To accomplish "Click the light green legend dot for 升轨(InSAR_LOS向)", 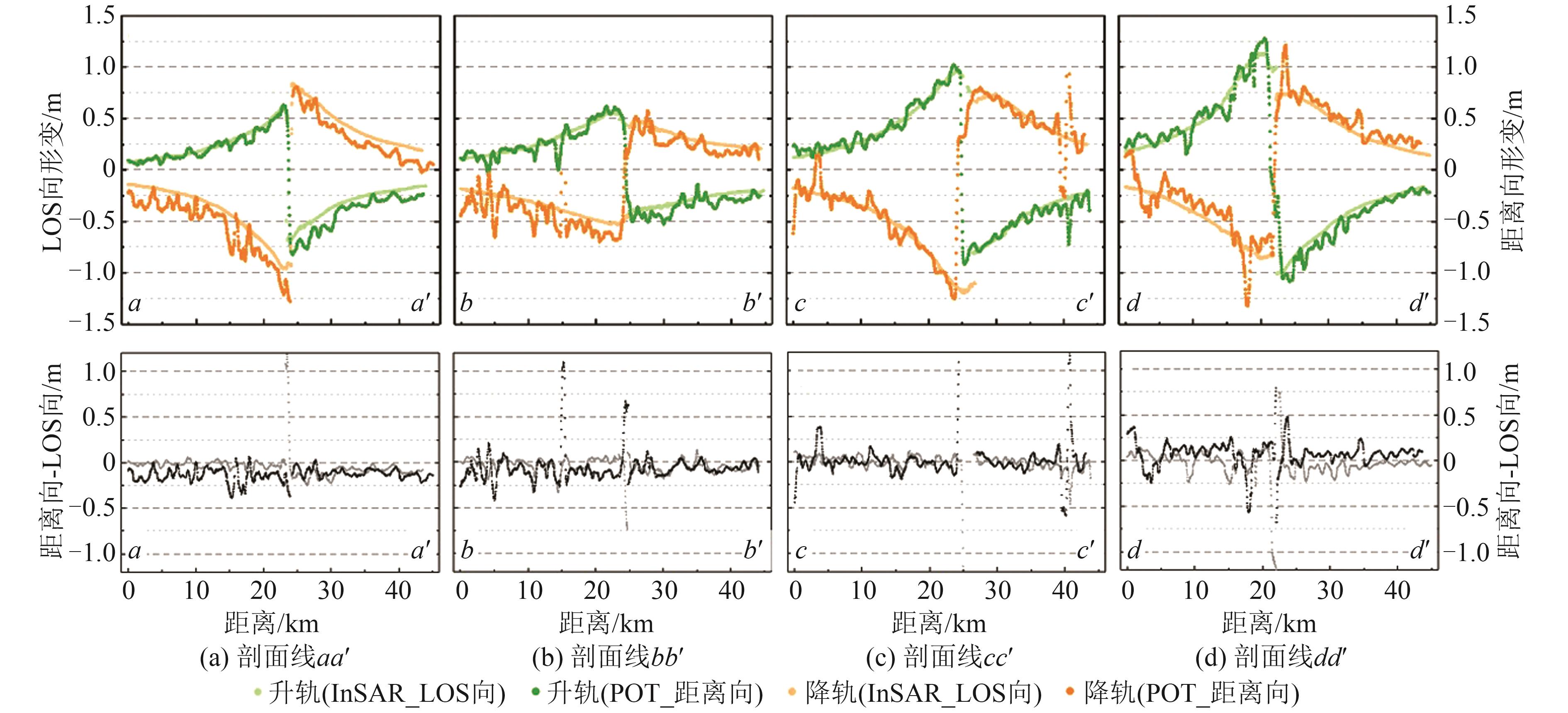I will pos(258,692).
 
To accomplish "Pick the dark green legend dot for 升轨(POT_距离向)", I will pos(536,692).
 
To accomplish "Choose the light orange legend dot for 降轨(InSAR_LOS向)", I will pos(792,692).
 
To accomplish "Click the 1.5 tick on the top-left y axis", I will pos(99,16).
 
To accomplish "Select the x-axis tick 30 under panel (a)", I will pos(331,591).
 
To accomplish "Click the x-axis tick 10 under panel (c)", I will pos(863,591).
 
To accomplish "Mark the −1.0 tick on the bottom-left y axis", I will pos(93,553).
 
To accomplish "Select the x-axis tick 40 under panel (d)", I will pos(1398,591).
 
